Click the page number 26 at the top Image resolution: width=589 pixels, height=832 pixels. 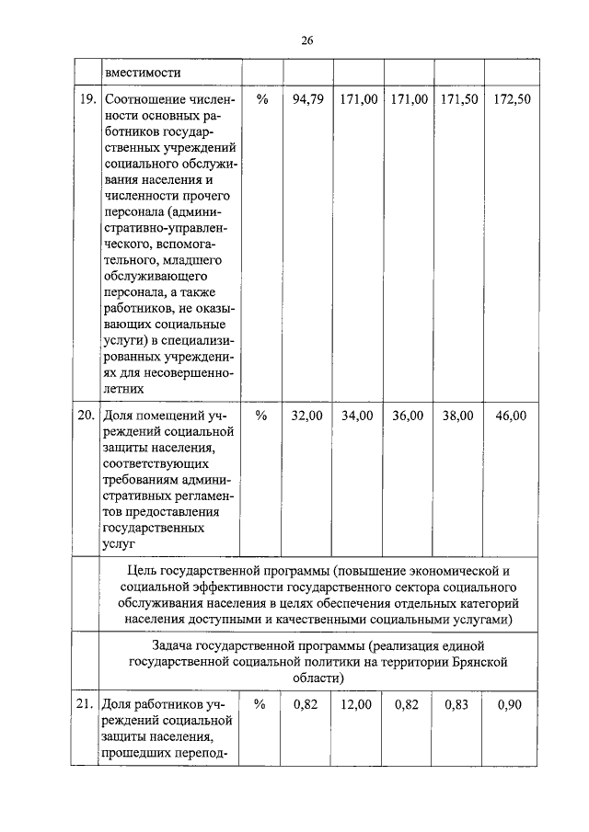[307, 40]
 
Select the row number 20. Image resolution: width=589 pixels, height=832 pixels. [87, 416]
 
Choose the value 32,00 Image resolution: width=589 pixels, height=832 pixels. [307, 416]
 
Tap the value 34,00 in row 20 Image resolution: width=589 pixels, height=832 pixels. [357, 416]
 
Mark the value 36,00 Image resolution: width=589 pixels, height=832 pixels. [408, 416]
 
